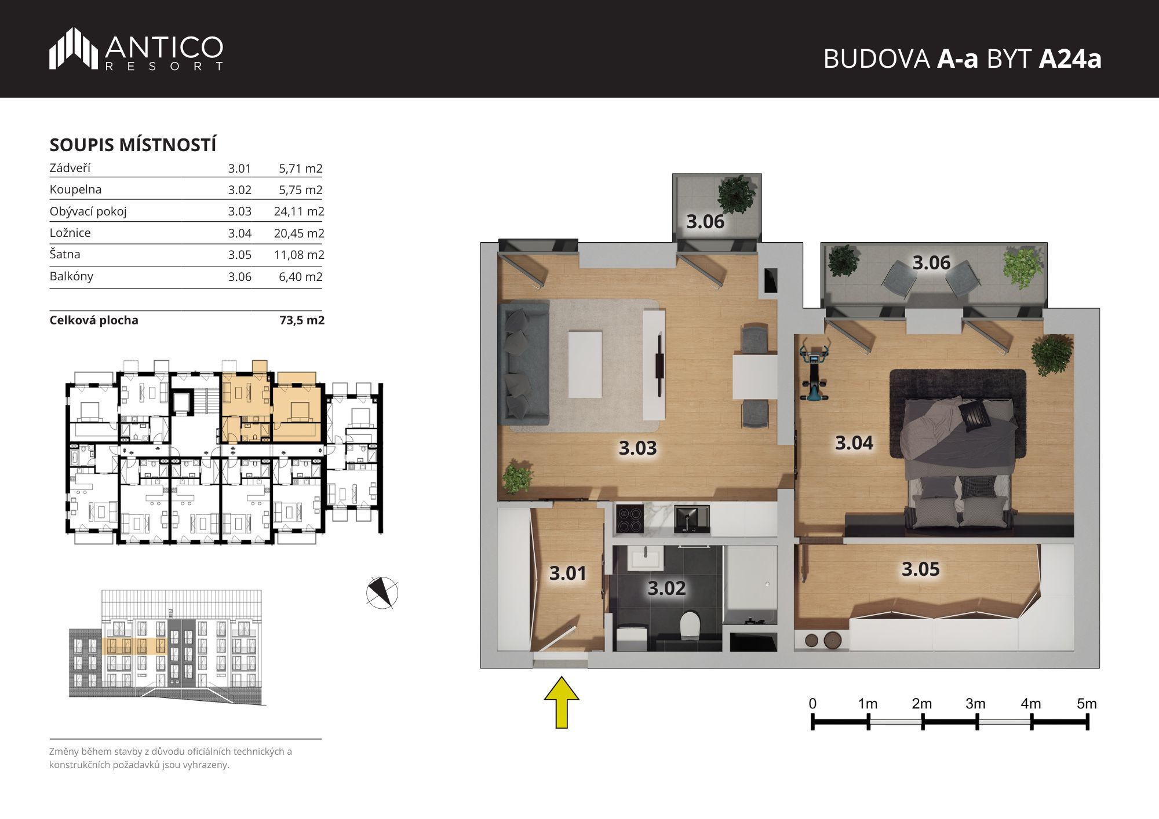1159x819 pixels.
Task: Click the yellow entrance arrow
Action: click(x=562, y=702)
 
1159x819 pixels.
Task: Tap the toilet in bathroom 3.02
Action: click(x=690, y=625)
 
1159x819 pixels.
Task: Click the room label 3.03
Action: click(x=637, y=448)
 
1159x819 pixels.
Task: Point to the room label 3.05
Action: click(x=920, y=569)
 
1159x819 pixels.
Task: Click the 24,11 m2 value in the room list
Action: click(x=299, y=211)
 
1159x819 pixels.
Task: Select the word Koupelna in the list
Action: click(x=75, y=189)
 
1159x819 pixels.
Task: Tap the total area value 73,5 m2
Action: click(x=302, y=320)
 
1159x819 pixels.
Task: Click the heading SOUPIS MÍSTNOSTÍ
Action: click(x=133, y=144)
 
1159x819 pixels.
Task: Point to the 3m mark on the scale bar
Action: click(x=977, y=722)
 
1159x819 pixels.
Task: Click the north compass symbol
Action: click(x=382, y=593)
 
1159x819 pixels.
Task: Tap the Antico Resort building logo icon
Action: click(x=73, y=49)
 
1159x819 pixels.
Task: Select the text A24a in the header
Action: click(x=1070, y=58)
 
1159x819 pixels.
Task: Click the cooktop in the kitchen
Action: click(x=629, y=519)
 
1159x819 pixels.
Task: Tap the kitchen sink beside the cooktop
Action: click(x=692, y=518)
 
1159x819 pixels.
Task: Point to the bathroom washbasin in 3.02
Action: click(x=645, y=560)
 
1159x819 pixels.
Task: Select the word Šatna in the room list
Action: click(x=65, y=254)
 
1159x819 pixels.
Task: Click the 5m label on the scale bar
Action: click(x=1087, y=704)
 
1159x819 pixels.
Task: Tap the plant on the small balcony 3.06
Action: click(x=736, y=193)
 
